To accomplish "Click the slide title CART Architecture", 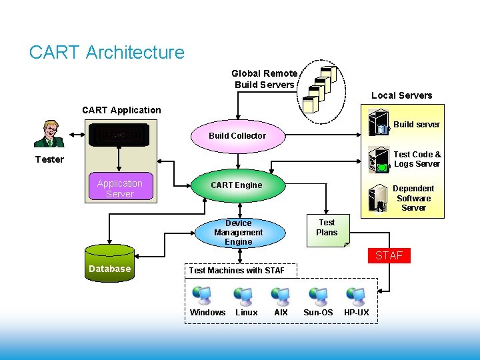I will click(107, 52).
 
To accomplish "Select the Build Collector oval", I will click(237, 135).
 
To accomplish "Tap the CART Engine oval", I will click(237, 185).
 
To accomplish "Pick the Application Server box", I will click(120, 189).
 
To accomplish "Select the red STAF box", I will click(389, 255).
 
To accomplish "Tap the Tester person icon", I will click(49, 133).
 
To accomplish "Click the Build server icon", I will click(379, 125).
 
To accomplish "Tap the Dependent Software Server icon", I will click(378, 198).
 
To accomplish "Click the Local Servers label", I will click(401, 95).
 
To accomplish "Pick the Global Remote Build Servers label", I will click(264, 79).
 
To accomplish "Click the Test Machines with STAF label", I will click(237, 270).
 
